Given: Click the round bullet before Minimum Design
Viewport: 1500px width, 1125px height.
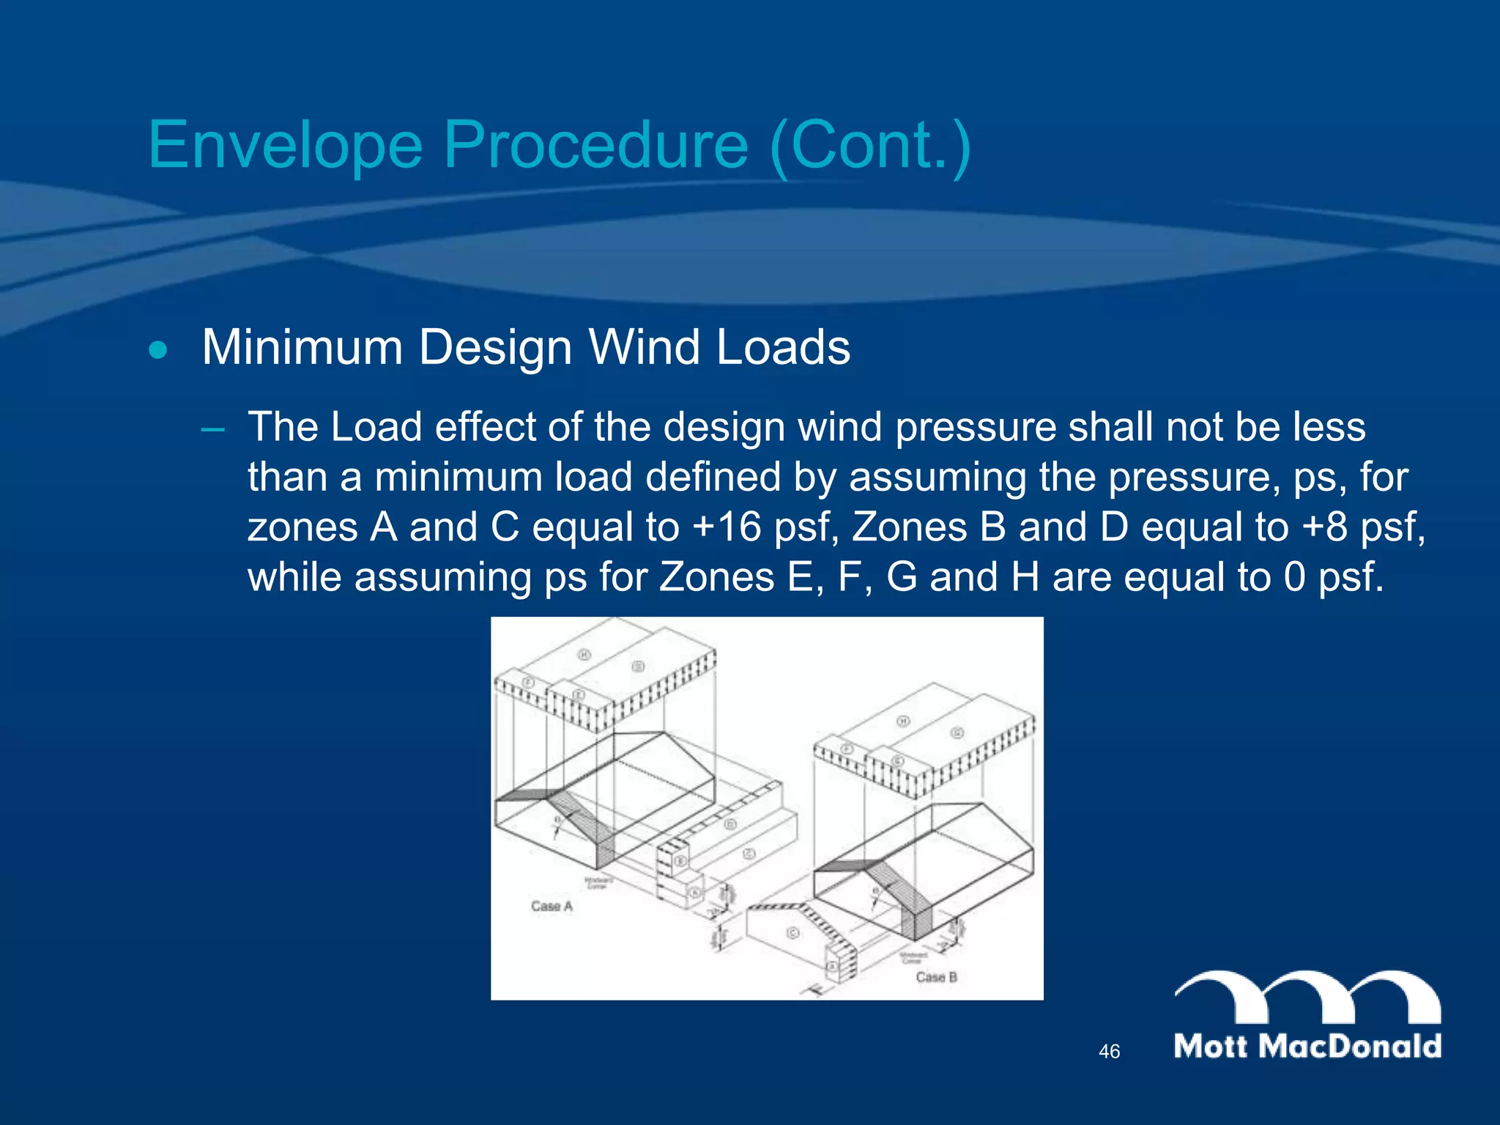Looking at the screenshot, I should [x=157, y=351].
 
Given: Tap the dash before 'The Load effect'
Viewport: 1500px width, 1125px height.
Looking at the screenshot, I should [x=212, y=428].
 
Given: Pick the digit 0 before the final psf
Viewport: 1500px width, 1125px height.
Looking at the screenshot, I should [x=1294, y=577].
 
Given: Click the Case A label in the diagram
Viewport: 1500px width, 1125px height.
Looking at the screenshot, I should [x=552, y=906].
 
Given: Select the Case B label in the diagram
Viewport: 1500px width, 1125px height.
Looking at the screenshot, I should [x=936, y=977].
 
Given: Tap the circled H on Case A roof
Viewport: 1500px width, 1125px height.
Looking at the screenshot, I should [x=584, y=654].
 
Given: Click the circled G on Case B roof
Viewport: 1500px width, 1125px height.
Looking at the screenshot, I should [x=957, y=733].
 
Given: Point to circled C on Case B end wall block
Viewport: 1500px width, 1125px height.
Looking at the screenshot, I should [x=792, y=933].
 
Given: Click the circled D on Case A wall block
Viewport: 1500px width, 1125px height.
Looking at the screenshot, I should [x=729, y=825].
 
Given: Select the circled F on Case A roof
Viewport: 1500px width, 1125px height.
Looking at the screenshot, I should [x=528, y=683].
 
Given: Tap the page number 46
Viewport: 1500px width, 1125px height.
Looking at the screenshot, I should [x=1109, y=1052].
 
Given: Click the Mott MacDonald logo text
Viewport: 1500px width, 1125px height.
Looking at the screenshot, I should [x=1307, y=1046].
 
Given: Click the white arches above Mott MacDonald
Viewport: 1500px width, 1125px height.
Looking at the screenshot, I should [x=1307, y=996].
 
